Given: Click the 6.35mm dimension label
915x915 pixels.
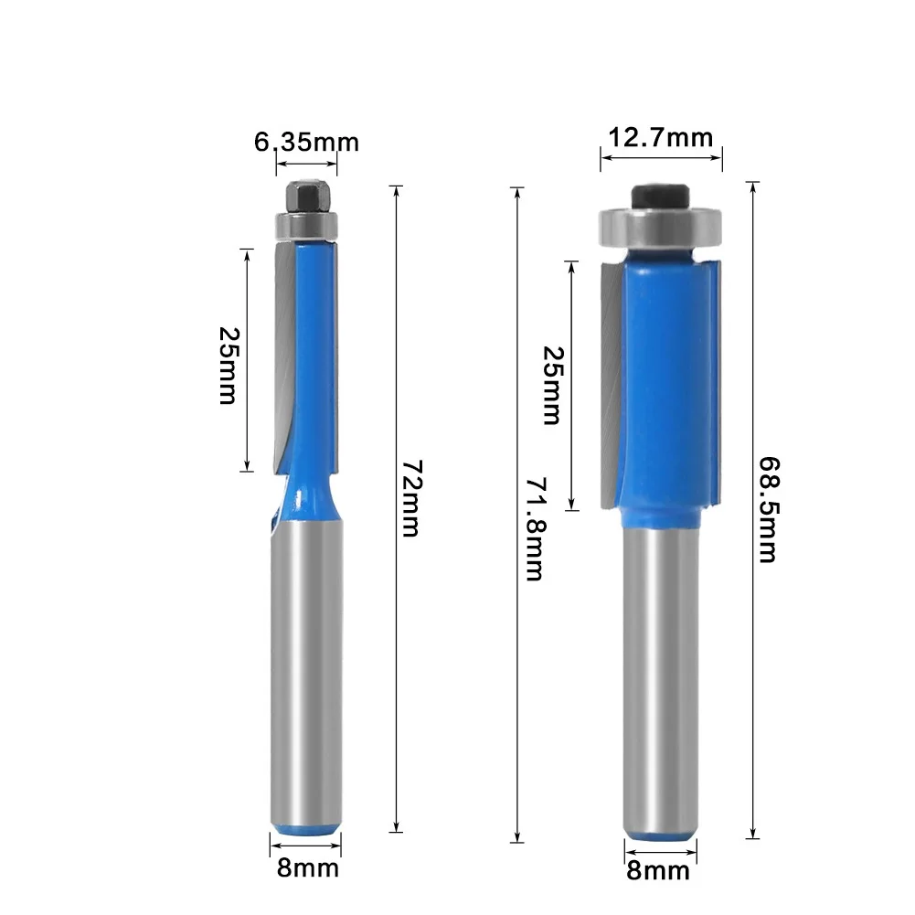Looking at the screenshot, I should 305,142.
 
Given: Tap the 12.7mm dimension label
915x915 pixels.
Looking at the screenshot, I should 660,138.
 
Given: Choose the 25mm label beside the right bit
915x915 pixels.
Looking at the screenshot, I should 551,385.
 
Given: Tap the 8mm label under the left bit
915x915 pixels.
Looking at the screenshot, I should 307,867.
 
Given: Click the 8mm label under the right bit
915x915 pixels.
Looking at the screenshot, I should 658,870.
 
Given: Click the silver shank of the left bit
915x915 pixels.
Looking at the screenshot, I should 307,676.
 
